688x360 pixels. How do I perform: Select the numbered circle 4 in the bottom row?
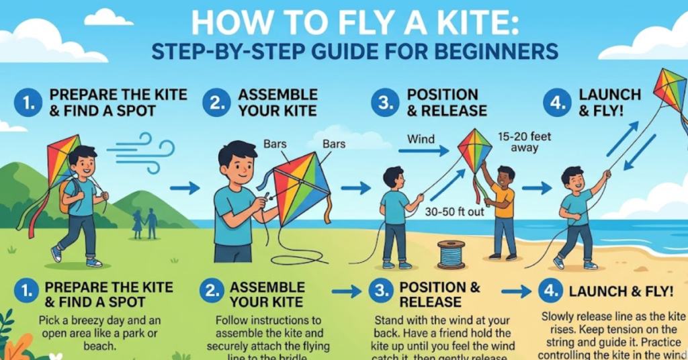coord(551,291)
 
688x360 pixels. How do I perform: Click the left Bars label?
coord(275,144)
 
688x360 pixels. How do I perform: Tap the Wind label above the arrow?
coord(421,139)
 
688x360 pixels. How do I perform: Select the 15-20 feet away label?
coord(525,142)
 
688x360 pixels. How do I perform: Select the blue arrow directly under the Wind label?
coord(423,152)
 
